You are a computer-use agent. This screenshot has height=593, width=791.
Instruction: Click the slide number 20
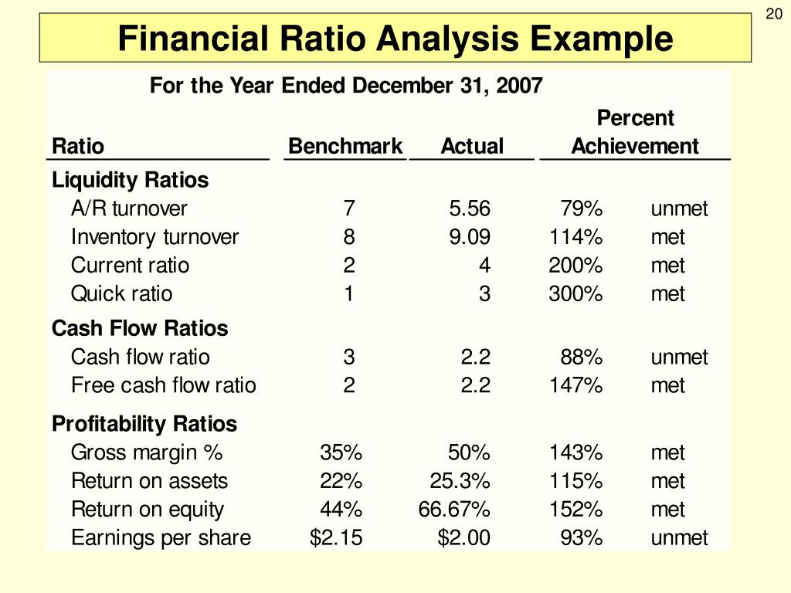click(x=774, y=15)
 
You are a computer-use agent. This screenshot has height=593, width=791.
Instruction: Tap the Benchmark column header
click(x=345, y=146)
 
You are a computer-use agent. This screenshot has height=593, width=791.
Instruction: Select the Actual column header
click(x=471, y=146)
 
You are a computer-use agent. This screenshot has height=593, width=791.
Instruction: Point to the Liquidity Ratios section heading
click(x=130, y=180)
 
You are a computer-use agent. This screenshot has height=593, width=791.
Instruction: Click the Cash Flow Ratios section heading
click(x=140, y=328)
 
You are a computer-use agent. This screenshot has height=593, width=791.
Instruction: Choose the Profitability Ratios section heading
click(x=144, y=424)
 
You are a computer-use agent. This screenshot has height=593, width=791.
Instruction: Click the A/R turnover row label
click(x=129, y=208)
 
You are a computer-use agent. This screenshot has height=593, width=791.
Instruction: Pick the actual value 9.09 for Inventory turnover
click(x=470, y=237)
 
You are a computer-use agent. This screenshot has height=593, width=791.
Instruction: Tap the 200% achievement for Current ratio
click(x=575, y=266)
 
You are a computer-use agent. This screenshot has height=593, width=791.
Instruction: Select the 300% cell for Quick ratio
click(x=575, y=294)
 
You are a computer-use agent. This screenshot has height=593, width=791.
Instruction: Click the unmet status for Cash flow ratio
click(x=679, y=357)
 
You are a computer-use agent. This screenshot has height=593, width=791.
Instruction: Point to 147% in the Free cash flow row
click(x=575, y=385)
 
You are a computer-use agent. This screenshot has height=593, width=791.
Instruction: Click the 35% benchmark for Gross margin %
click(x=341, y=452)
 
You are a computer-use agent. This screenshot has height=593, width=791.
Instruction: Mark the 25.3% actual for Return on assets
click(x=460, y=481)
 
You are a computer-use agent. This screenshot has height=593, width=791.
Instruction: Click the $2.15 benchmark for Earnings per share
click(x=335, y=538)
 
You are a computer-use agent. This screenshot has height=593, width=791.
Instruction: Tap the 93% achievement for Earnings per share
click(x=581, y=538)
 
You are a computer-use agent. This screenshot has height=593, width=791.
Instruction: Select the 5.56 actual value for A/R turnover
click(x=470, y=208)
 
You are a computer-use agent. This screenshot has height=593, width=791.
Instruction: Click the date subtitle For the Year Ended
click(x=346, y=85)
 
